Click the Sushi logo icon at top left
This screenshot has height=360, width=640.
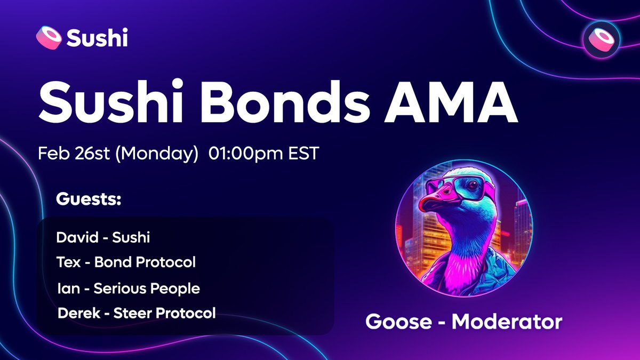(50, 38)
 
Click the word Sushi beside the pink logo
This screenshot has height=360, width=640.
(97, 38)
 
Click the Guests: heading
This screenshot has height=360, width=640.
(89, 201)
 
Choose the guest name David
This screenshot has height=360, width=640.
(76, 237)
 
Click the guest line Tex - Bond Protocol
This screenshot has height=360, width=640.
(126, 262)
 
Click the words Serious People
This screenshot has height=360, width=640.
(147, 289)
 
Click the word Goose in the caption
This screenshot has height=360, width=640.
(398, 322)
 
